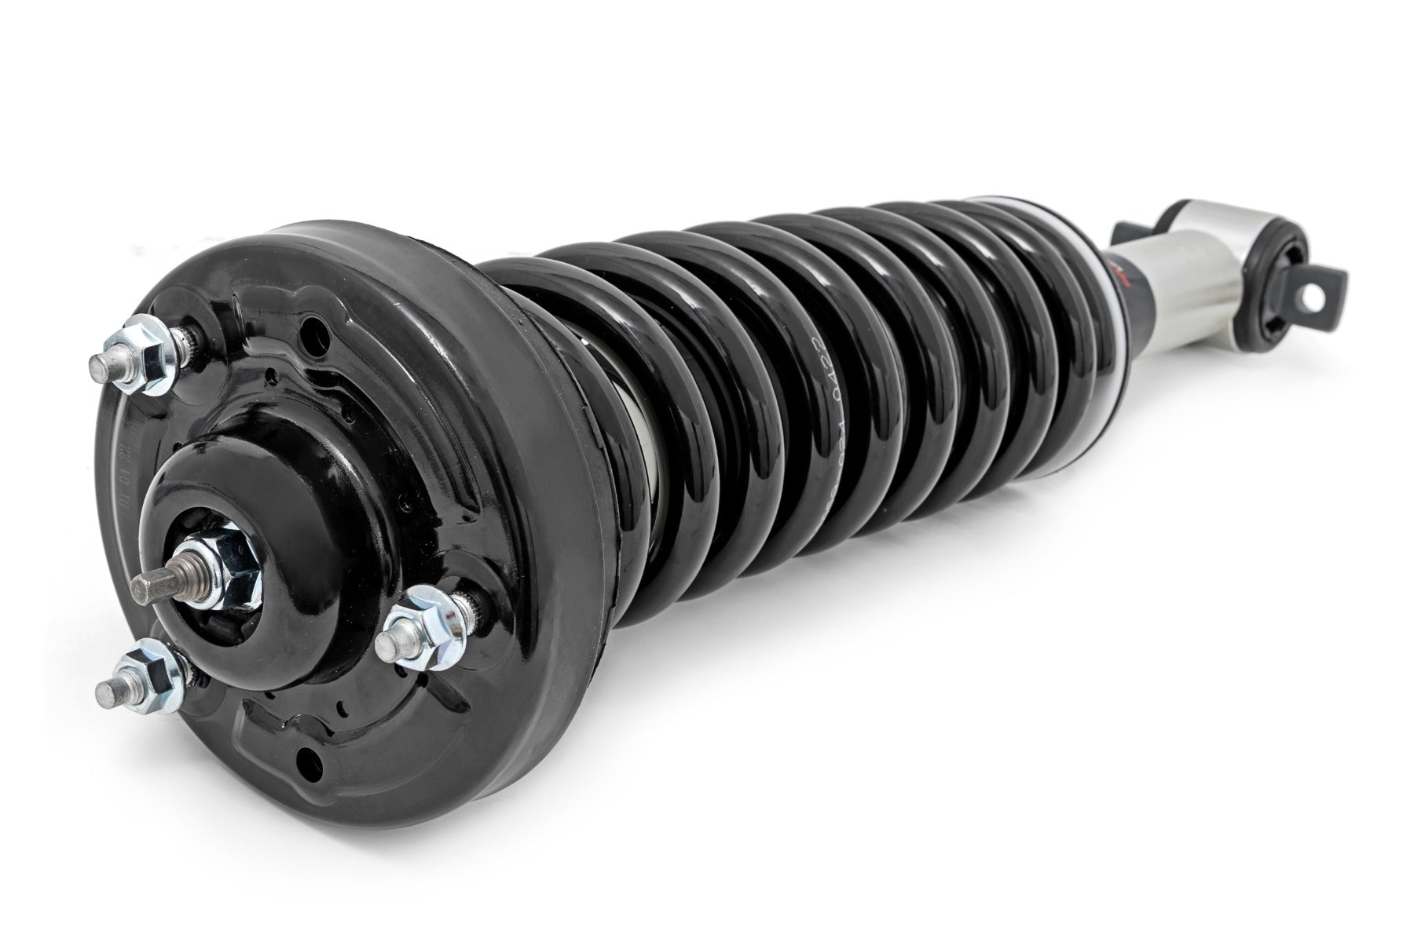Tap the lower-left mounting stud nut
tap(151, 671)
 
